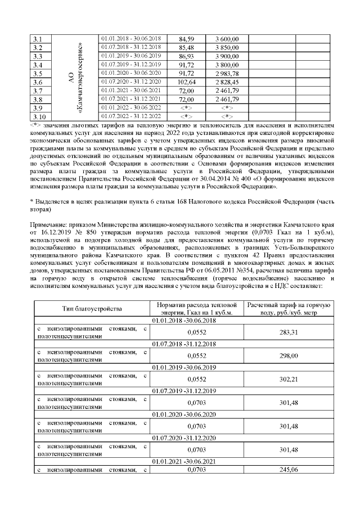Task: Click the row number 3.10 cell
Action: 40,116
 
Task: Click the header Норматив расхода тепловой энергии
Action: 195,309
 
